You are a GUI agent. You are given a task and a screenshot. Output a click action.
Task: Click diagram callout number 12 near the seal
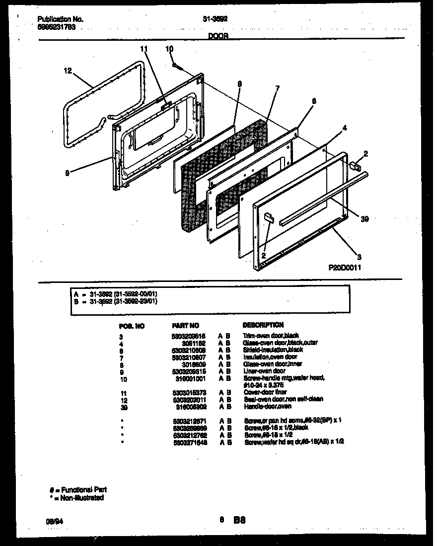[x=68, y=71]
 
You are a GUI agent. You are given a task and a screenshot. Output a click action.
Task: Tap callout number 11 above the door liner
[x=145, y=49]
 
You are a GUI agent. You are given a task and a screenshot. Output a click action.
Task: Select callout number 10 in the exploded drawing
[x=169, y=49]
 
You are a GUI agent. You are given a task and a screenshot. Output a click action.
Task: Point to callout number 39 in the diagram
[x=364, y=218]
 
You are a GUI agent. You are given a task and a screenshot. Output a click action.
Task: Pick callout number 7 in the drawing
[x=277, y=88]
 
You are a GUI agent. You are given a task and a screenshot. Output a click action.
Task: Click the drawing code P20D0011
[x=345, y=268]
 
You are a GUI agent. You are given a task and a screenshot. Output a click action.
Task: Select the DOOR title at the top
[x=218, y=36]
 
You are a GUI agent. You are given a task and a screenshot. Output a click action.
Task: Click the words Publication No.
[x=60, y=19]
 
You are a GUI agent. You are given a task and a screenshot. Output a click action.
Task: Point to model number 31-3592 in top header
[x=215, y=19]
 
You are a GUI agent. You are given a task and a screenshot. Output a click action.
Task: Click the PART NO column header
[x=186, y=325]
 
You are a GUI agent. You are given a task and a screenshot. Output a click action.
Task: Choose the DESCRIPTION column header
[x=263, y=325]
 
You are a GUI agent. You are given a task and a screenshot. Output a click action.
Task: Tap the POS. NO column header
[x=132, y=326]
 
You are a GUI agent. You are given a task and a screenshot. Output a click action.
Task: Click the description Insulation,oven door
[x=271, y=357]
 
